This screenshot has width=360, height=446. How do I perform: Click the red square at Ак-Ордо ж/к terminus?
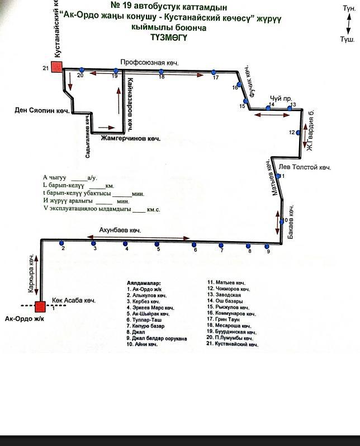point(40,306)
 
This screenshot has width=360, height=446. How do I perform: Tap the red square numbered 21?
point(57,68)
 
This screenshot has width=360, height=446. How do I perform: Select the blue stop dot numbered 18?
point(161,72)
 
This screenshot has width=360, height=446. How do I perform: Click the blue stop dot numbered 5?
point(157,244)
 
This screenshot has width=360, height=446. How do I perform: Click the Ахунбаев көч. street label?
point(120,231)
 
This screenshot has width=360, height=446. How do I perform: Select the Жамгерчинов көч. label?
point(130,138)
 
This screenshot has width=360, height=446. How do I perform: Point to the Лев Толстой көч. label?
point(305,167)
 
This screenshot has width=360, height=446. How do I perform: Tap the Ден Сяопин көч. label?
point(41,110)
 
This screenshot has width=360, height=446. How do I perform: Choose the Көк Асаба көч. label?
point(74,301)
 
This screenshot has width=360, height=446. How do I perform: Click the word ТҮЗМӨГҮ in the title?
point(169,37)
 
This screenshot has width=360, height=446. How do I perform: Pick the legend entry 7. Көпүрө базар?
point(146,326)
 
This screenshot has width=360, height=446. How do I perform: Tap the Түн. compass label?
point(348,8)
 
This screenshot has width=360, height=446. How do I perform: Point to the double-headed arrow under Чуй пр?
point(271,115)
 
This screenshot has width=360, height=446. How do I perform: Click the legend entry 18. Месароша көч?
point(229,326)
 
